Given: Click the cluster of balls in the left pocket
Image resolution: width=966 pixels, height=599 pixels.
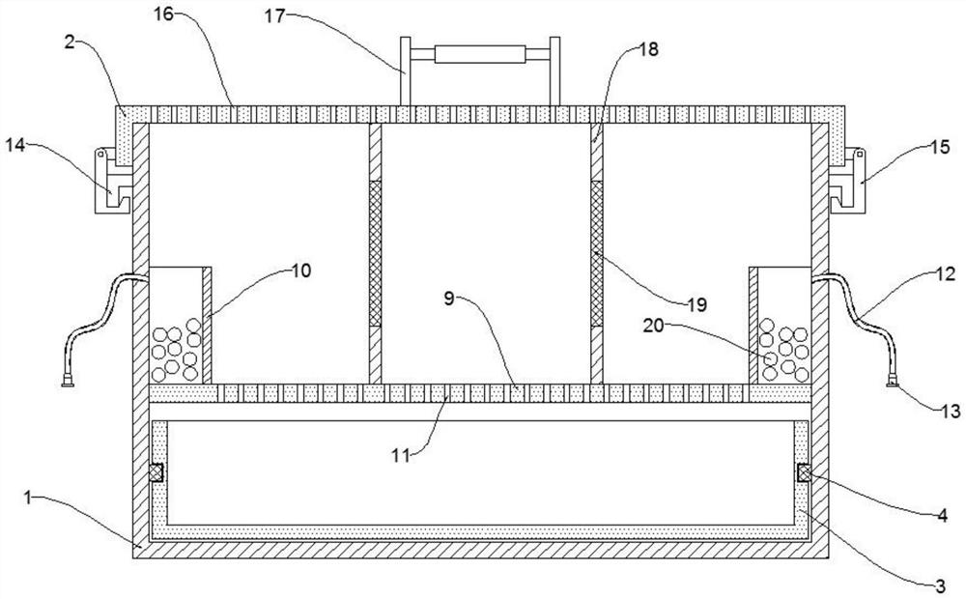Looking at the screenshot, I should click(x=176, y=348).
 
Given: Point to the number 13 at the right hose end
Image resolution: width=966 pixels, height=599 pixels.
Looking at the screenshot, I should click(x=950, y=411).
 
